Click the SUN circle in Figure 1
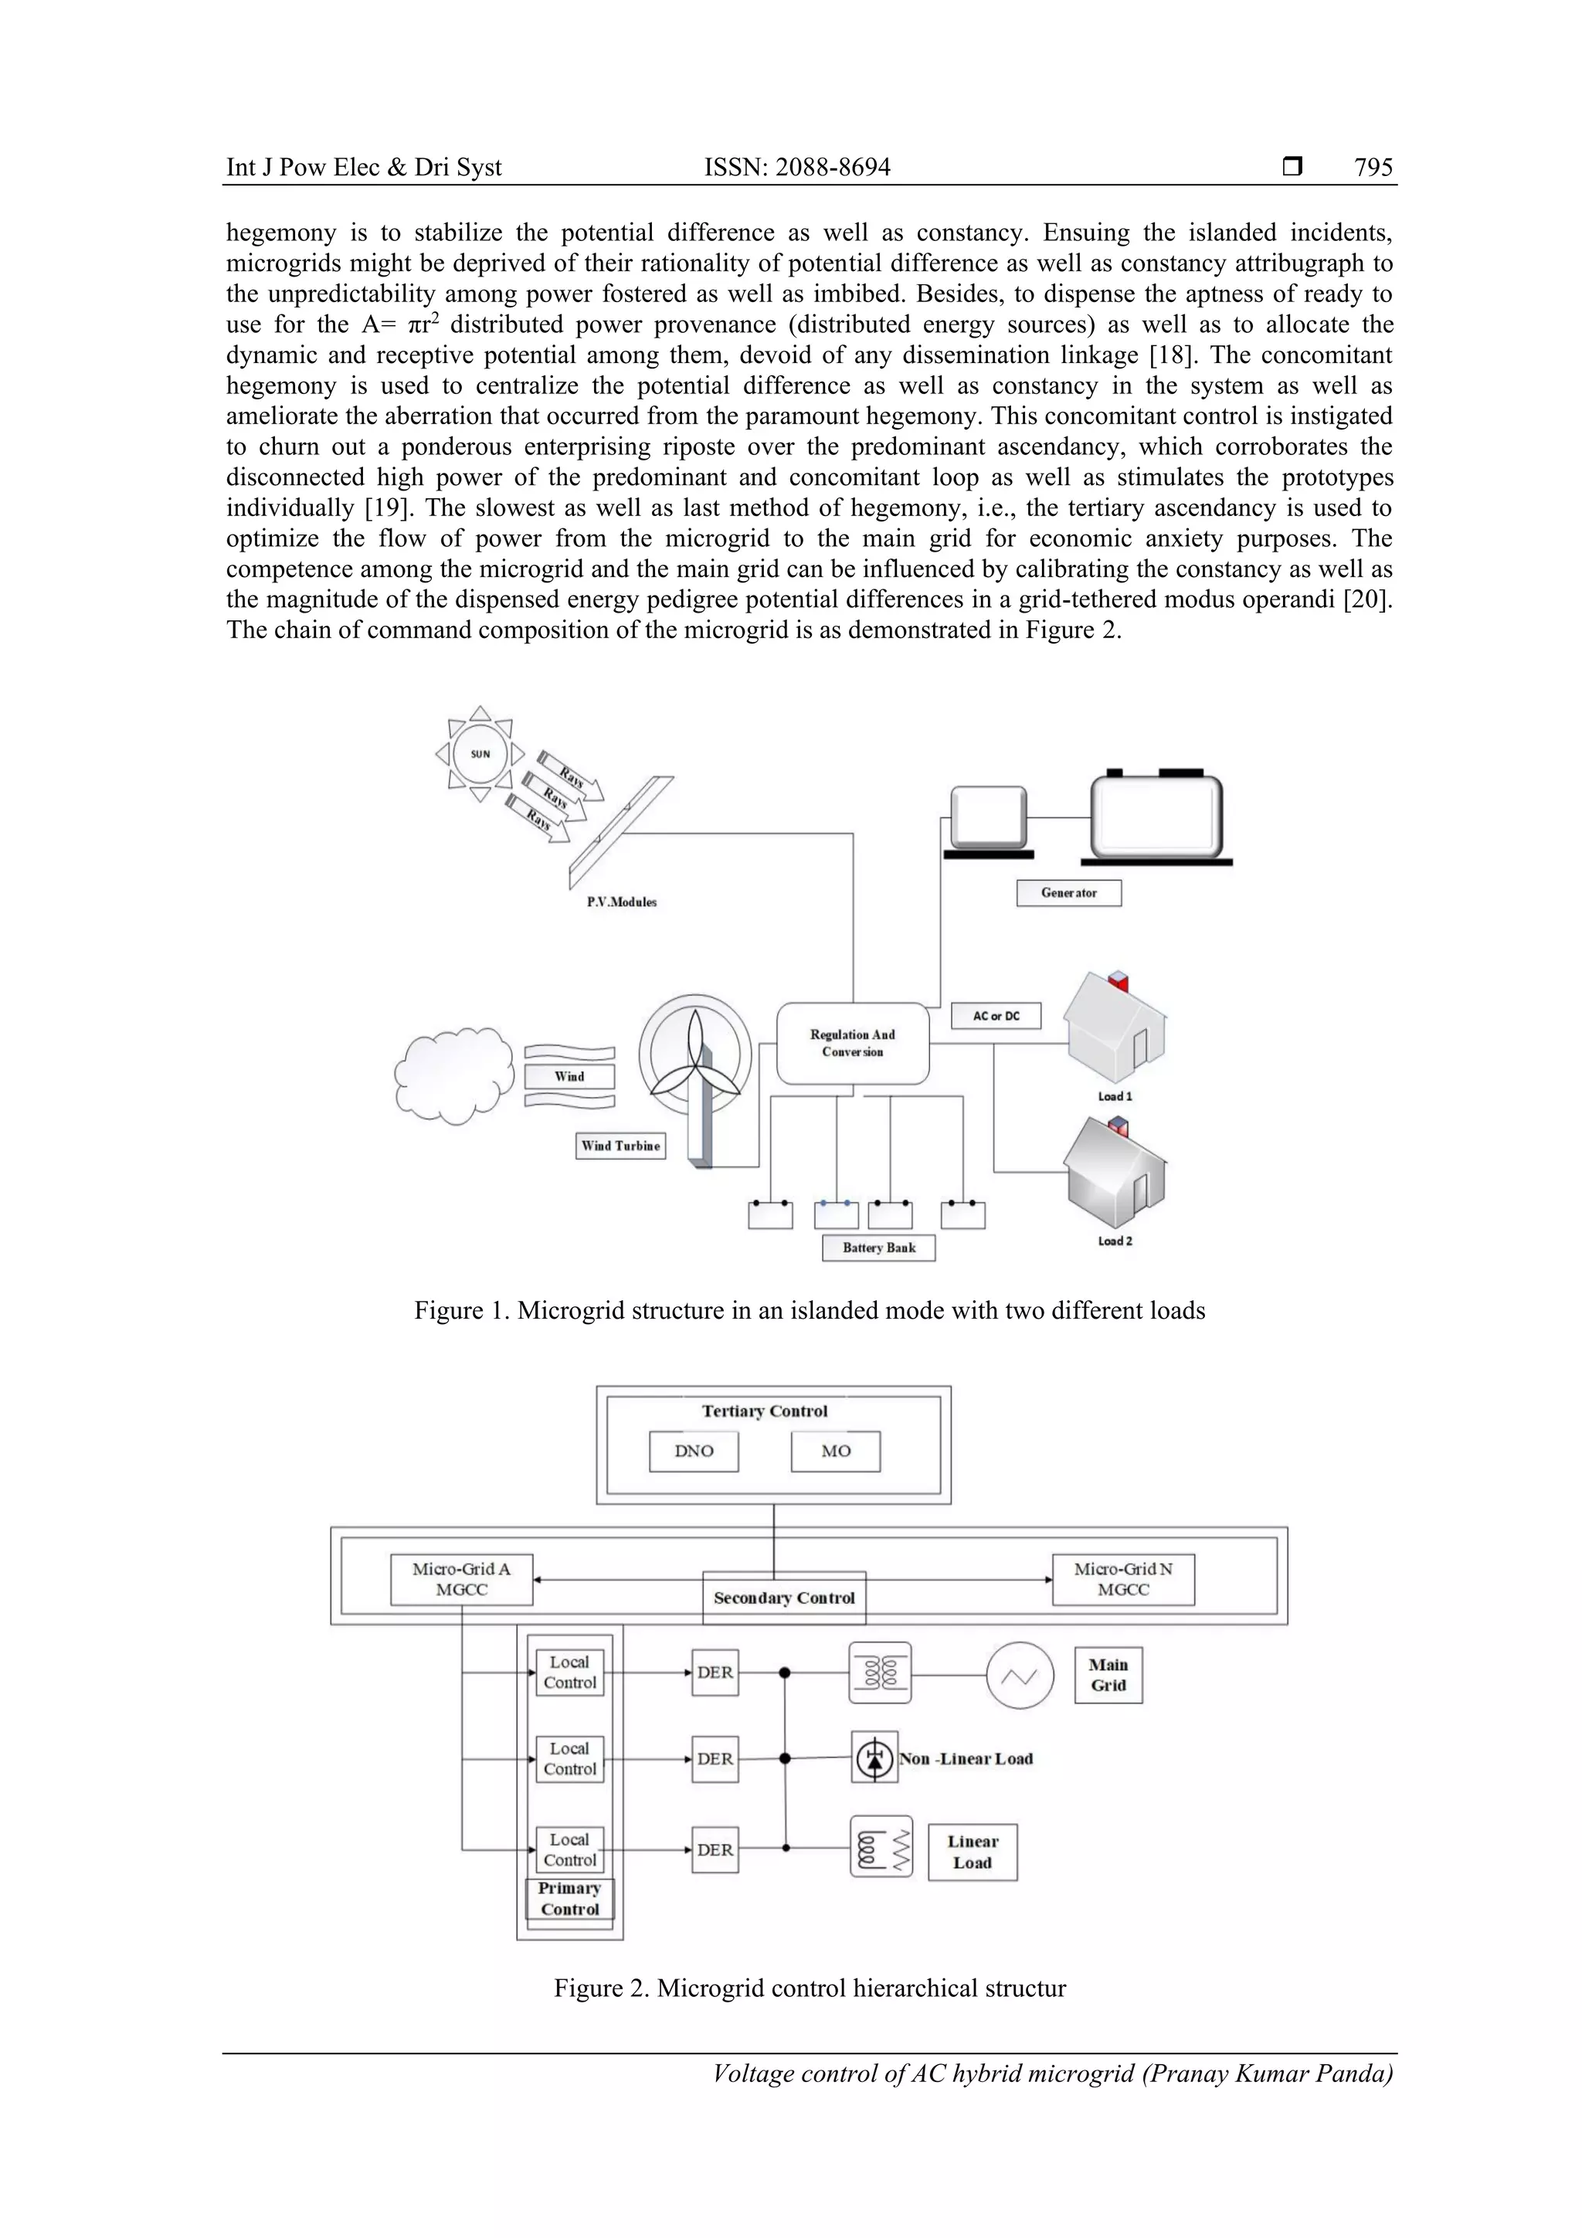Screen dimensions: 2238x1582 pyautogui.click(x=480, y=753)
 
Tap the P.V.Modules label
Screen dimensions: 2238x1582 pyautogui.click(x=621, y=902)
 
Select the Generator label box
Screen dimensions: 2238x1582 pyautogui.click(x=1068, y=893)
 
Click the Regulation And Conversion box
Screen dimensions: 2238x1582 pyautogui.click(x=852, y=1043)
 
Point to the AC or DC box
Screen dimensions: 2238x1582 pyautogui.click(x=995, y=1016)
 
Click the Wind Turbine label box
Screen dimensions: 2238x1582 pyautogui.click(x=620, y=1146)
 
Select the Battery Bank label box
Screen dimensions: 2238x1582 pyautogui.click(x=878, y=1248)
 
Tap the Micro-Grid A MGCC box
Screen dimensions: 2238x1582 pyautogui.click(x=461, y=1579)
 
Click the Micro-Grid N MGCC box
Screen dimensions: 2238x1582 pyautogui.click(x=1123, y=1579)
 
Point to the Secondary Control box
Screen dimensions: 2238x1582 pyautogui.click(x=784, y=1598)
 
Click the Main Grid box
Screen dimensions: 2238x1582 pyautogui.click(x=1108, y=1675)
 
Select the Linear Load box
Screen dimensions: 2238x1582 pyautogui.click(x=972, y=1852)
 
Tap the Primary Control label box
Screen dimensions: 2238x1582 pyautogui.click(x=569, y=1899)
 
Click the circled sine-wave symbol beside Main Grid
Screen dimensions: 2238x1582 pyautogui.click(x=1020, y=1676)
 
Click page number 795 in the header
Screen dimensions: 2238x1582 pyautogui.click(x=1373, y=168)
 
